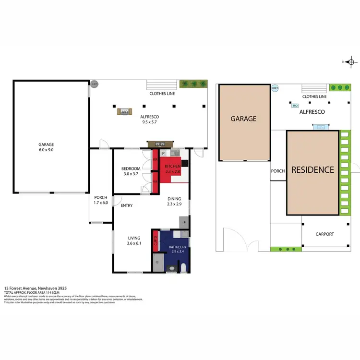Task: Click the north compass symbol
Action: coord(351,62)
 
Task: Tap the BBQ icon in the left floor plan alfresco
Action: coord(125,112)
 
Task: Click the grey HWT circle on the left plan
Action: coord(94,84)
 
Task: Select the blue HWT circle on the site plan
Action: coord(275,88)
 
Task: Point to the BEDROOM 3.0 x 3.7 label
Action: coord(131,171)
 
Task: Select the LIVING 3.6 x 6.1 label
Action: coord(134,241)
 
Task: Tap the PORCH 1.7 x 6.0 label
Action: coord(100,200)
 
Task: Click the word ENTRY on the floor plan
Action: coord(127,205)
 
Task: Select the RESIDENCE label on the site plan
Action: coord(313,169)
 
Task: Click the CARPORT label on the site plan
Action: coord(324,234)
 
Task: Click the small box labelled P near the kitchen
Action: coord(156,153)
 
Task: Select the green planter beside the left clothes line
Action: coord(193,84)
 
